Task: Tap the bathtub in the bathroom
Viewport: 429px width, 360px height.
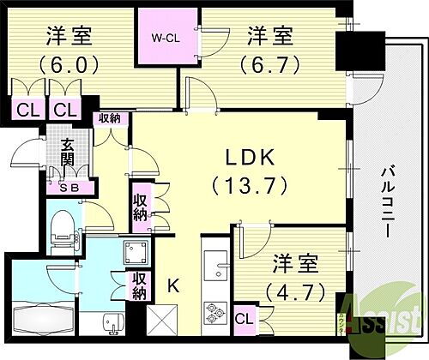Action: tap(43, 326)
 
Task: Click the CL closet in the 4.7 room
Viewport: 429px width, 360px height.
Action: tap(244, 318)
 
